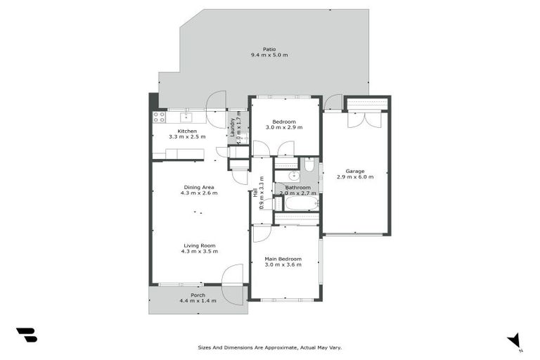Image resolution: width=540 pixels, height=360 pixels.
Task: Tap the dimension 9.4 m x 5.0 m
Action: click(x=269, y=55)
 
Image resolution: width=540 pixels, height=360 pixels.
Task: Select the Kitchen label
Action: click(x=186, y=131)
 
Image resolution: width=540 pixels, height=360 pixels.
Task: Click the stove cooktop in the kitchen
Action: click(x=159, y=117)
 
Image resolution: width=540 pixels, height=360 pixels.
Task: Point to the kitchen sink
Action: click(x=187, y=117)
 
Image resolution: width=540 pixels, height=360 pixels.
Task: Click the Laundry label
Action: click(x=233, y=127)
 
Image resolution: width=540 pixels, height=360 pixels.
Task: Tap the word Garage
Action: click(x=354, y=170)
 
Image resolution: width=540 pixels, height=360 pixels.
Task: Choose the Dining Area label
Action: click(x=199, y=187)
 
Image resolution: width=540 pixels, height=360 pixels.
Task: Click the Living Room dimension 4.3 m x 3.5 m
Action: click(x=199, y=251)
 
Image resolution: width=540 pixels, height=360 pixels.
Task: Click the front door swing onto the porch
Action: click(x=233, y=276)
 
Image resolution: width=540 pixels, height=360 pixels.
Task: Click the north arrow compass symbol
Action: click(x=515, y=340)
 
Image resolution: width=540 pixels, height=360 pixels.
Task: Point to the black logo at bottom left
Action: click(x=27, y=335)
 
